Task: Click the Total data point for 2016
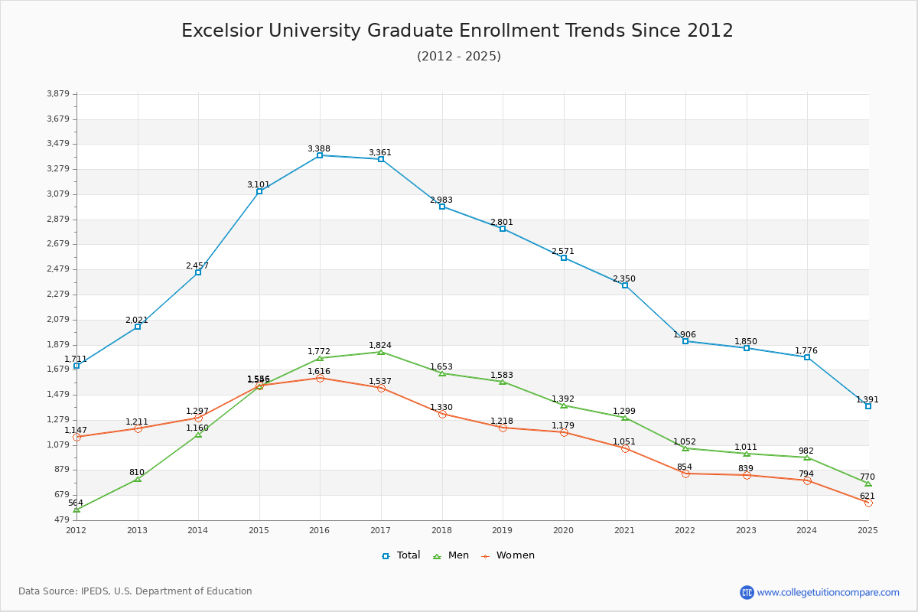coord(320,155)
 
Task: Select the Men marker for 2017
coord(381,352)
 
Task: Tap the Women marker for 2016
coord(320,378)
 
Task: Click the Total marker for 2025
coord(868,406)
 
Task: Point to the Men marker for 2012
coord(76,509)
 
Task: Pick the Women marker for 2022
coord(685,474)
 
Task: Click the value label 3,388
coord(319,148)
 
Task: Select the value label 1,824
coord(380,345)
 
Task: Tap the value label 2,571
coord(563,251)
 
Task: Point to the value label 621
coord(867,496)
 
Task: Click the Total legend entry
coord(402,555)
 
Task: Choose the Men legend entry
coord(452,555)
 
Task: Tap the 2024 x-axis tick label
coord(807,529)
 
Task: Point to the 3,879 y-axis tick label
coord(58,94)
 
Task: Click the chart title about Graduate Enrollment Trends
coord(457,31)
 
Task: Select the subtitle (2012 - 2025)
coord(459,56)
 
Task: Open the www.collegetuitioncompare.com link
coord(828,592)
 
